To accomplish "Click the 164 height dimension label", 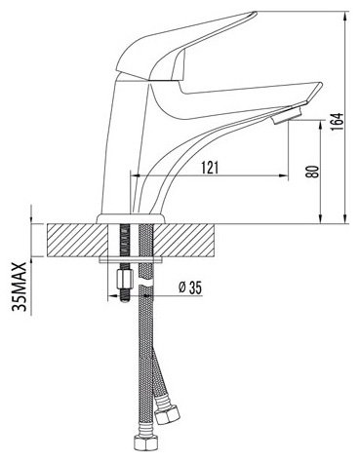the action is pyautogui.click(x=336, y=122).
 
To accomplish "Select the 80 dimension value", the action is pyautogui.click(x=312, y=172).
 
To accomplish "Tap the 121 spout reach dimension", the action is pyautogui.click(x=210, y=168).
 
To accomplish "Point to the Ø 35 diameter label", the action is pyautogui.click(x=190, y=288).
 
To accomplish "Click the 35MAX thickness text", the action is pyautogui.click(x=19, y=287).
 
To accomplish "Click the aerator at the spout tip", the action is pyautogui.click(x=288, y=116).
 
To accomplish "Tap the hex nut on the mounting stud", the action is pyautogui.click(x=124, y=280).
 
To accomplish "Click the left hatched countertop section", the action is pyautogui.click(x=77, y=240).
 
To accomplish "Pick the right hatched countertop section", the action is pyautogui.click(x=185, y=240).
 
